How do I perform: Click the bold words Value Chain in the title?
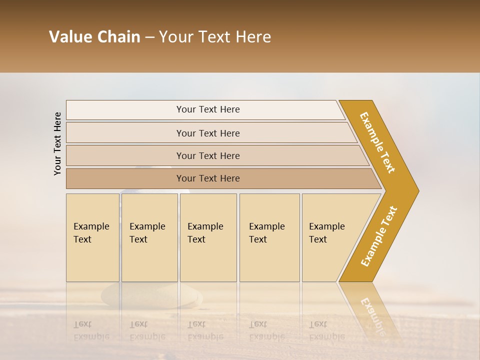94,37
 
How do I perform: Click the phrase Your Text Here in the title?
215,37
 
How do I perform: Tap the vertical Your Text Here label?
57,143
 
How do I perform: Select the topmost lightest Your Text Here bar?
207,109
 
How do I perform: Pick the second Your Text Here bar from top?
207,133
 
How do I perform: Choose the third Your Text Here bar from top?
207,155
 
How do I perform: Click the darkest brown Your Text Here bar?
207,178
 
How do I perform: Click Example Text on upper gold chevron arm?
377,142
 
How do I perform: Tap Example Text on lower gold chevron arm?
378,236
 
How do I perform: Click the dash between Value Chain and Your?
149,37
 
